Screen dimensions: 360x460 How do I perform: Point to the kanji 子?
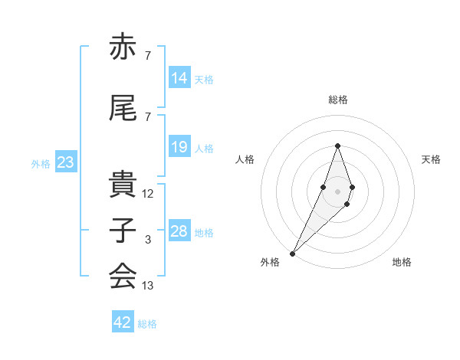click(123, 230)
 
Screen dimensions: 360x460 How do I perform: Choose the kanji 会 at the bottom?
click(123, 276)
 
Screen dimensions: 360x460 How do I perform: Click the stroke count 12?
click(148, 194)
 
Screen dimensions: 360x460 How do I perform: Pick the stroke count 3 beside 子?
click(147, 240)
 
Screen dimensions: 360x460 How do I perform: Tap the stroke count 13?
click(148, 286)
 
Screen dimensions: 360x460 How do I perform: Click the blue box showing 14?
click(179, 78)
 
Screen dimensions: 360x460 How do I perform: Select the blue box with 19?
click(179, 147)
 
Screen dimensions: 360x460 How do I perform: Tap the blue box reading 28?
click(179, 231)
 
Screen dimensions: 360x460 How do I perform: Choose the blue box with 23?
click(65, 162)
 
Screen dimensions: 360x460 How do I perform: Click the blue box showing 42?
click(123, 322)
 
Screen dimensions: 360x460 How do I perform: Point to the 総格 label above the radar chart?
click(338, 100)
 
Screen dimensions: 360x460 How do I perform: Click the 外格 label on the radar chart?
click(270, 263)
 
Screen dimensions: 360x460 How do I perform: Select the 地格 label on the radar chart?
click(402, 263)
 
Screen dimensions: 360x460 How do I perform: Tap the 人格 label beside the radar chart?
click(245, 159)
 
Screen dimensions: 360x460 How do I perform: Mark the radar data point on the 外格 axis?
click(293, 253)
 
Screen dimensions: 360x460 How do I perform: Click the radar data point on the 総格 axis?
click(337, 146)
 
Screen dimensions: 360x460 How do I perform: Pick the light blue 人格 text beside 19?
click(204, 149)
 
